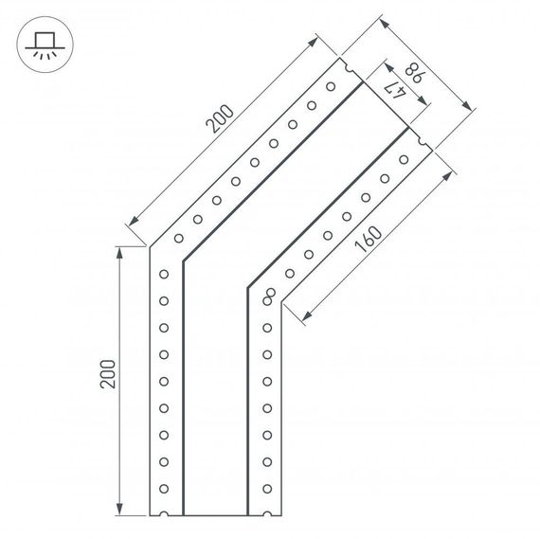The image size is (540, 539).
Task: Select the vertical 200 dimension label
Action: coord(106,378)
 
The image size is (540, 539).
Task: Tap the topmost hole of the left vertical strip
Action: coord(164,275)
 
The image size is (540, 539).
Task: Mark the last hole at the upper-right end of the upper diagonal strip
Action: coord(331,87)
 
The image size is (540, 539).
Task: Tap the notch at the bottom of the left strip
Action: coord(165,514)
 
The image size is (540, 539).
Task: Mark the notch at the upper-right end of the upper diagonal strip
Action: coord(347,69)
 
